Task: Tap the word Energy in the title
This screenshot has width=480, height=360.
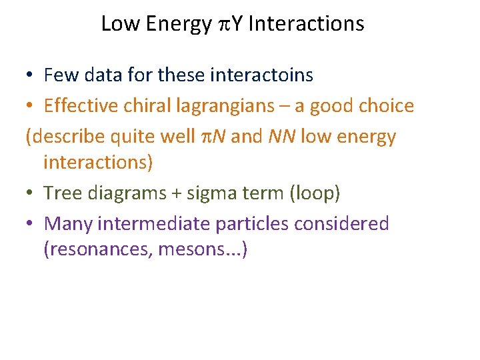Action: point(177,24)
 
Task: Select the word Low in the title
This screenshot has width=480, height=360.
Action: point(119,24)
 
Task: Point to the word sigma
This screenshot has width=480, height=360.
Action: point(205,193)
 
